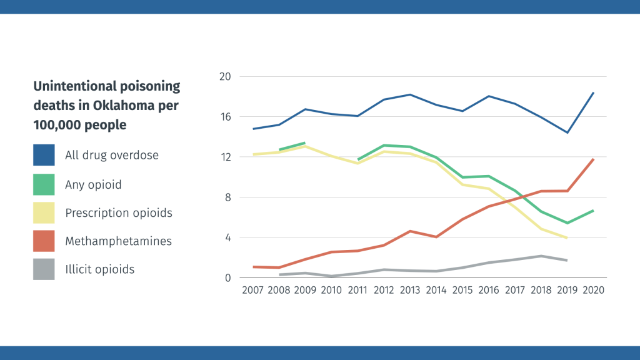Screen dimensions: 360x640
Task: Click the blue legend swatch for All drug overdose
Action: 44,154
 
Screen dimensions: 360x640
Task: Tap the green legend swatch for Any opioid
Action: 44,184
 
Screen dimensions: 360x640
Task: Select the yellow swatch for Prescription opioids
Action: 44,212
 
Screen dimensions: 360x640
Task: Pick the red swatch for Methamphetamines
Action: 44,241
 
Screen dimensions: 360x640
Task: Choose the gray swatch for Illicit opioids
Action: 44,269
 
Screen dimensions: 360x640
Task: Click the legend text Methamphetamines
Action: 118,241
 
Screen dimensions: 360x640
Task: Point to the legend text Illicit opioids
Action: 99,269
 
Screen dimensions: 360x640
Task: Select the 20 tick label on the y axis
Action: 224,77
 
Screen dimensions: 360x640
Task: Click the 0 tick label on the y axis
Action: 227,278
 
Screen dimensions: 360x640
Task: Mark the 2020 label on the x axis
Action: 593,290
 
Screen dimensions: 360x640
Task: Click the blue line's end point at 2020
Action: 593,93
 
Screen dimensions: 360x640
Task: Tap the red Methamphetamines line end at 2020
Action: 593,159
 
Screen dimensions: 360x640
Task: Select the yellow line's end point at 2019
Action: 566,237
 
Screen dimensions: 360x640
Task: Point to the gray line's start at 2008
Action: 280,274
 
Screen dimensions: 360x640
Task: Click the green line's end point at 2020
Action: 593,211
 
